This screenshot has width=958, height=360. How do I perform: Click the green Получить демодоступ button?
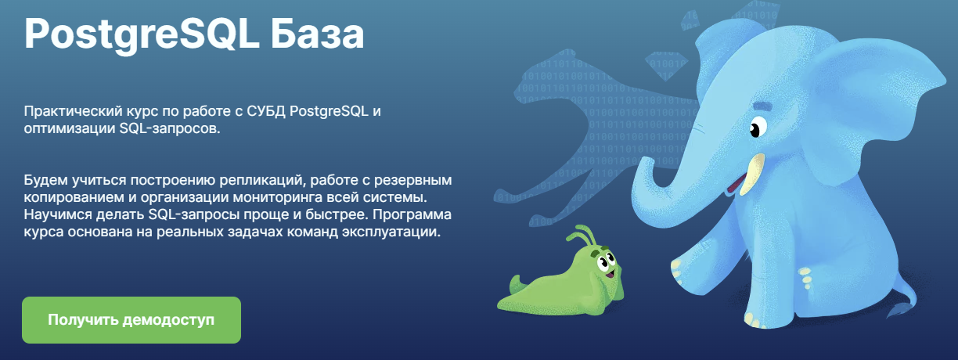pos(131,320)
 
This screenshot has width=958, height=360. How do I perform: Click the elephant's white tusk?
pos(749,171)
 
